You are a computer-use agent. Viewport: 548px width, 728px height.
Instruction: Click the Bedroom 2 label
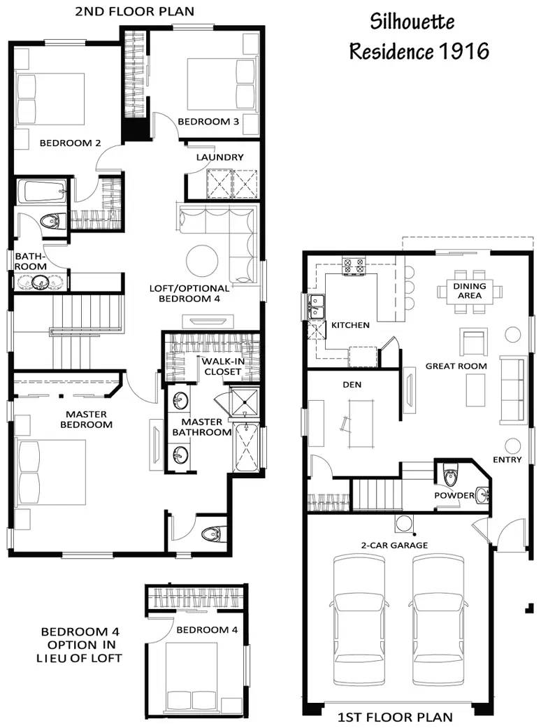click(x=70, y=143)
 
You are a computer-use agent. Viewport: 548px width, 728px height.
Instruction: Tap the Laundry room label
click(x=219, y=157)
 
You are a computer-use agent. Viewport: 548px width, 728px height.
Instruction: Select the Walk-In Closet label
click(x=223, y=366)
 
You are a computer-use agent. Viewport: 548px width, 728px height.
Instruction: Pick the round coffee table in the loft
click(x=202, y=260)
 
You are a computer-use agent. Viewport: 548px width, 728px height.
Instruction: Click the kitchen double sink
click(x=315, y=306)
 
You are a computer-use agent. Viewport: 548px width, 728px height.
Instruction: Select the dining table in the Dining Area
click(x=470, y=291)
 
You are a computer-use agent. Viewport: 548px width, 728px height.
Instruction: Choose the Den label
click(x=352, y=385)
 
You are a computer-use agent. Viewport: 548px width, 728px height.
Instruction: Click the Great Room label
click(x=456, y=366)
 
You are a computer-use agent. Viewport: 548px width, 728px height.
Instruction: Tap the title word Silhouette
click(x=412, y=22)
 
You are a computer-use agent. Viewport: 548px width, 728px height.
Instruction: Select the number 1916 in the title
click(x=463, y=51)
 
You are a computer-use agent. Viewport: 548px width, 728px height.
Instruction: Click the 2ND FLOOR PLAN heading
click(x=135, y=12)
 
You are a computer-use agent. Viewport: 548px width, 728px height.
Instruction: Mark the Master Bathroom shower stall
click(x=245, y=399)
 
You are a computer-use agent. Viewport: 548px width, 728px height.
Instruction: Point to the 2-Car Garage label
click(x=394, y=545)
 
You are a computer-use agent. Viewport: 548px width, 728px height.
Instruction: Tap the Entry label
click(x=507, y=459)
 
